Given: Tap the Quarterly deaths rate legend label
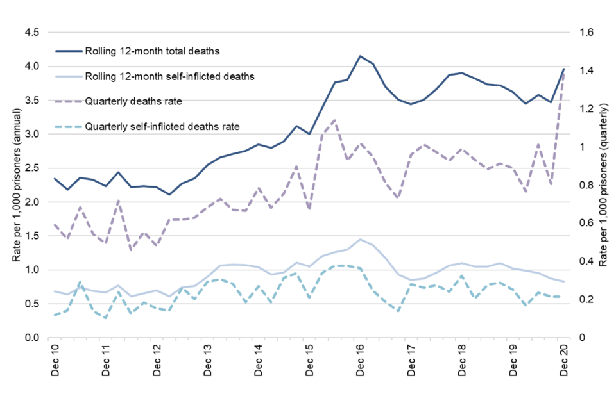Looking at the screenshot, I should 135,101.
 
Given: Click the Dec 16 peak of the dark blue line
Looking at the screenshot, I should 360,56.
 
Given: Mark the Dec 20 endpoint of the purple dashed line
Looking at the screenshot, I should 564,72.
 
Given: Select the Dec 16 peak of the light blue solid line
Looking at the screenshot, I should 360,240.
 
